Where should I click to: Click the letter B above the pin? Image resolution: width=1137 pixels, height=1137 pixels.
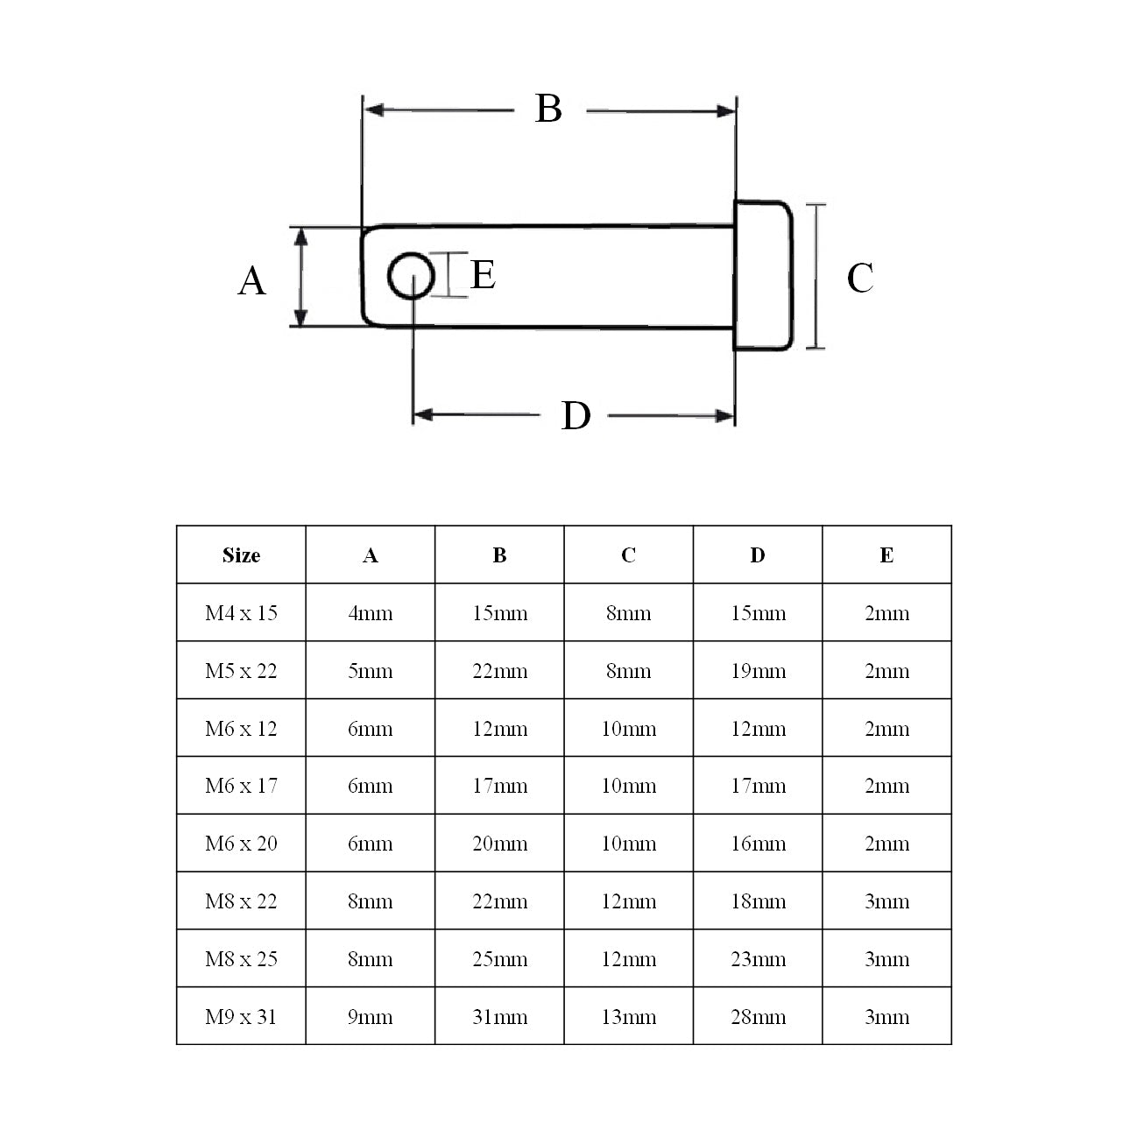point(548,109)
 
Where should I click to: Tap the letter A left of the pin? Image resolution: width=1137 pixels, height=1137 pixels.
point(251,281)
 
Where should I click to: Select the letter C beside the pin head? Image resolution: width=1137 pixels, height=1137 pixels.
point(859,279)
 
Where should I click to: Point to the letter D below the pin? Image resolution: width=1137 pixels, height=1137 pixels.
point(576,416)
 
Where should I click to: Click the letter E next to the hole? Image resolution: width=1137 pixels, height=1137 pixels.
point(484,275)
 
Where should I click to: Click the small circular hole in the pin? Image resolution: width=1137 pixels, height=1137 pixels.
point(411,277)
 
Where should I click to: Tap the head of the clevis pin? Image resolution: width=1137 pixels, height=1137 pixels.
point(763,276)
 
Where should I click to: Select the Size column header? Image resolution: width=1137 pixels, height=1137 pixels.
point(241,555)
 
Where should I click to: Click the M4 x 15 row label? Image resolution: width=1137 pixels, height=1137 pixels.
point(241,613)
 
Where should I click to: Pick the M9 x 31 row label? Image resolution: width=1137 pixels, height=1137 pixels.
point(241,1017)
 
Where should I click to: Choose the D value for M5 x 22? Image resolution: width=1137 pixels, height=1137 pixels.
point(758,671)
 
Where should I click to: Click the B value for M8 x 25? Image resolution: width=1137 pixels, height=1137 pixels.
point(499,959)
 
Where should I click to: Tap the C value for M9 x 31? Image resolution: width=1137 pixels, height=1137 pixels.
point(628,1017)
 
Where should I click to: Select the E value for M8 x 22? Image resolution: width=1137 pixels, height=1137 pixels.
point(886,901)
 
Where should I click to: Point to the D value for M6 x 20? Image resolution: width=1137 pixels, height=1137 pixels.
point(758,844)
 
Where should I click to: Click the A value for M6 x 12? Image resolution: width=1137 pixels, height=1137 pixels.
point(370,729)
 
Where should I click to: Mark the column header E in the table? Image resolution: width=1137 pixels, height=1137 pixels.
point(886,555)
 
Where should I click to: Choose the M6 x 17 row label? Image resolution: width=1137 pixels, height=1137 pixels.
point(241,786)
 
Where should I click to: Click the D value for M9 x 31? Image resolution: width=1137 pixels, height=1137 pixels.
point(758,1017)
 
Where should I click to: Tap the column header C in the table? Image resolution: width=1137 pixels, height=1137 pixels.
point(628,555)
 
